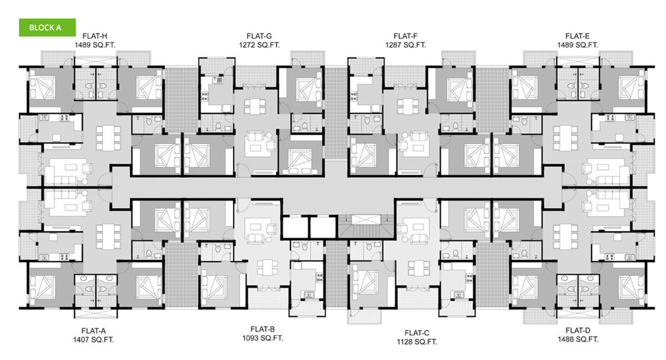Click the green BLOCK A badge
point(47,27)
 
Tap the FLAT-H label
point(95,36)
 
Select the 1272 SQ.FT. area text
point(259,45)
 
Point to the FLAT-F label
point(406,36)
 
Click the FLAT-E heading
point(577,36)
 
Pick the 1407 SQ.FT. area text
point(94,339)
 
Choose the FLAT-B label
point(263,329)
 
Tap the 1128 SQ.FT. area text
point(417,342)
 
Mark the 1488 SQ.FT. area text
point(578,339)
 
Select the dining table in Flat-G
point(255,107)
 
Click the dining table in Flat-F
point(407,107)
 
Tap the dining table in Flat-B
point(268,267)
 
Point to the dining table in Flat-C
point(419,268)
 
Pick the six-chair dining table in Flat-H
point(109,138)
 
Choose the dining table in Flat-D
point(565,237)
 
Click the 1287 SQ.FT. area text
point(406,45)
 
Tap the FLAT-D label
point(578,330)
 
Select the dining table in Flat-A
point(109,237)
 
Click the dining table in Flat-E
point(565,138)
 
